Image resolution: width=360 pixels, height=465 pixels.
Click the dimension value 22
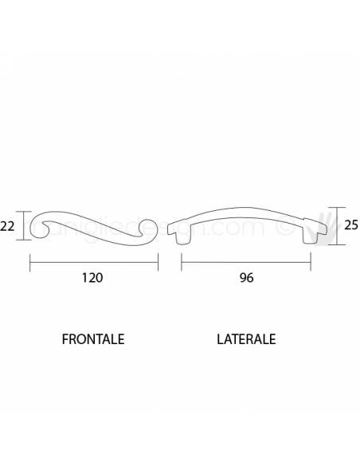click(9, 226)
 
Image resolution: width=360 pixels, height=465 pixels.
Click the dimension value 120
click(94, 279)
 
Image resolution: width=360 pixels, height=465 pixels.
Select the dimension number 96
click(247, 279)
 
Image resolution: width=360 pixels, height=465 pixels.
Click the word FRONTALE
click(93, 338)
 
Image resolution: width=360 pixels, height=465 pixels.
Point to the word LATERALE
click(246, 338)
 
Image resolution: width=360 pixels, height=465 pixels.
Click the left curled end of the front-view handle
click(43, 229)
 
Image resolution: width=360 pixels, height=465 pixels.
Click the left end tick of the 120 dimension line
click(30, 260)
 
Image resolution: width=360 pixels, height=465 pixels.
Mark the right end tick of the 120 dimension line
click(158, 260)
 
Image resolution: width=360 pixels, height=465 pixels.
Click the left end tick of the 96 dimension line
click(182, 260)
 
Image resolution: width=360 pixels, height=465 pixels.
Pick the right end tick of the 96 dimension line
click(312, 260)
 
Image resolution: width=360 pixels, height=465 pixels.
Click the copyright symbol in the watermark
click(280, 227)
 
